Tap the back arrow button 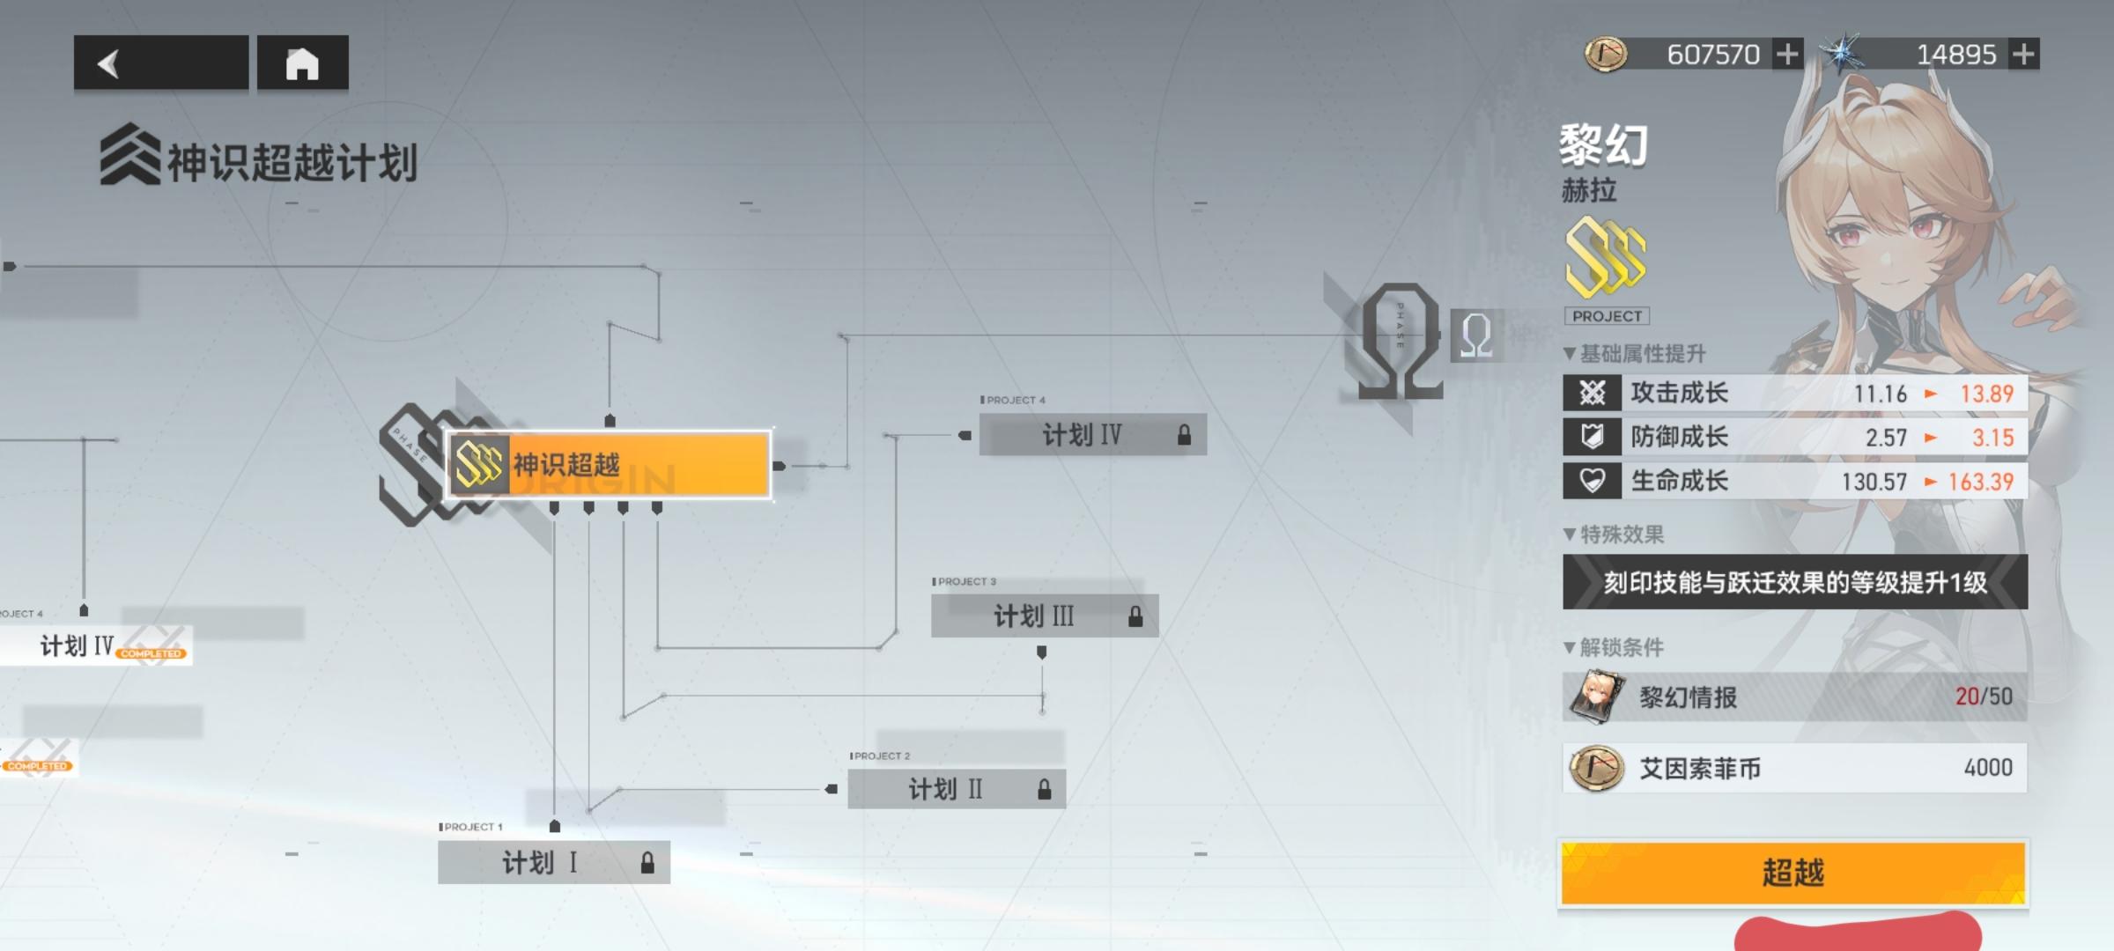pos(160,63)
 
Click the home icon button pos(302,63)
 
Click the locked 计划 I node pos(553,862)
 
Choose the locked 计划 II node pos(957,789)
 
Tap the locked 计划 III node pos(1045,616)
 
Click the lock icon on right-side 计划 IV pos(1184,435)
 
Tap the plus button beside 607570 pos(1787,55)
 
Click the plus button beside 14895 pos(2024,55)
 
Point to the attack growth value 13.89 pos(1986,394)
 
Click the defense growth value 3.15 pos(1992,438)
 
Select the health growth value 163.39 pos(1980,482)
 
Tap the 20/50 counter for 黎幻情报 pos(1984,697)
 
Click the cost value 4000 pos(1988,768)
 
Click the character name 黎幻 pos(1603,144)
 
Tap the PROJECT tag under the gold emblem pos(1607,316)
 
